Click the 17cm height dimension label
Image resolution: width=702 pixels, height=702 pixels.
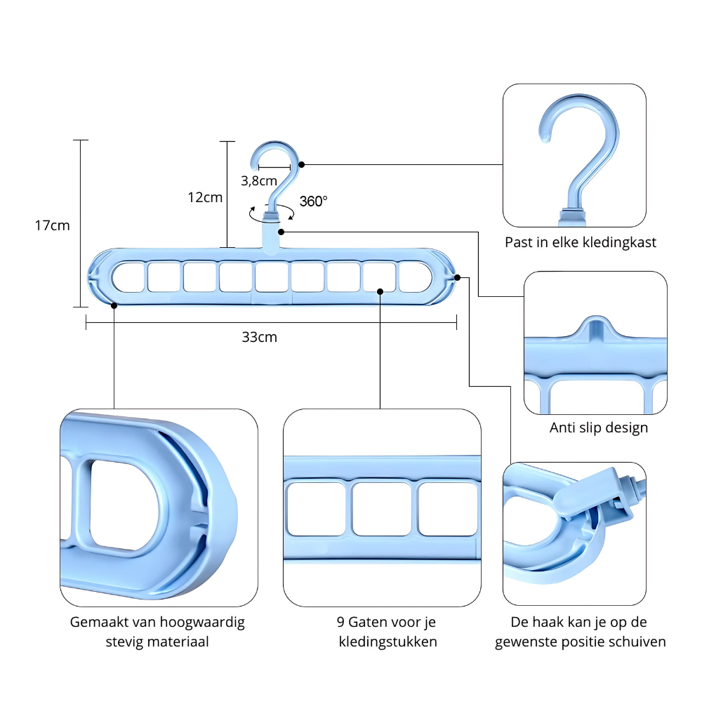(x=53, y=225)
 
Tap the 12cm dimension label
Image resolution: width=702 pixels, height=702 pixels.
(x=205, y=197)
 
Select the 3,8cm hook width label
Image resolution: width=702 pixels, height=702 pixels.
(x=259, y=181)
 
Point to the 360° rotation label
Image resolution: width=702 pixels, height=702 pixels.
(x=313, y=201)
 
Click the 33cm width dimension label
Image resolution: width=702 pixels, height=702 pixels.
(x=260, y=337)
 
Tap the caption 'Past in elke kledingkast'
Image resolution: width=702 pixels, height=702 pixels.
(x=581, y=242)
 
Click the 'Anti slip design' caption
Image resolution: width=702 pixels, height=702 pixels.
(x=599, y=428)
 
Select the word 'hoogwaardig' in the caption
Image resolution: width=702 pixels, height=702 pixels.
(x=202, y=622)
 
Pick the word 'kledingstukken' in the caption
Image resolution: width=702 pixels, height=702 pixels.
(x=388, y=642)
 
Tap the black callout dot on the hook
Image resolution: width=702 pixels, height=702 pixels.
(x=302, y=165)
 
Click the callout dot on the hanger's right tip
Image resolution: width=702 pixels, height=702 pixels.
(x=457, y=277)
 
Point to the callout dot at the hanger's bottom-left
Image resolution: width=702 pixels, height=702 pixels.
(x=114, y=305)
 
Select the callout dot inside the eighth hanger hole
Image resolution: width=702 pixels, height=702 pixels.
(x=380, y=291)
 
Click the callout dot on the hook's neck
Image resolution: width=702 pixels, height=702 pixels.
(x=282, y=232)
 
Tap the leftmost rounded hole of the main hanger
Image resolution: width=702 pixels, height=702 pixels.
(x=128, y=277)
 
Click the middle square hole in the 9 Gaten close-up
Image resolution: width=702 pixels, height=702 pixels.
(x=381, y=508)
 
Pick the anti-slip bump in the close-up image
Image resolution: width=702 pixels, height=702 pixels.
(x=595, y=328)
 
